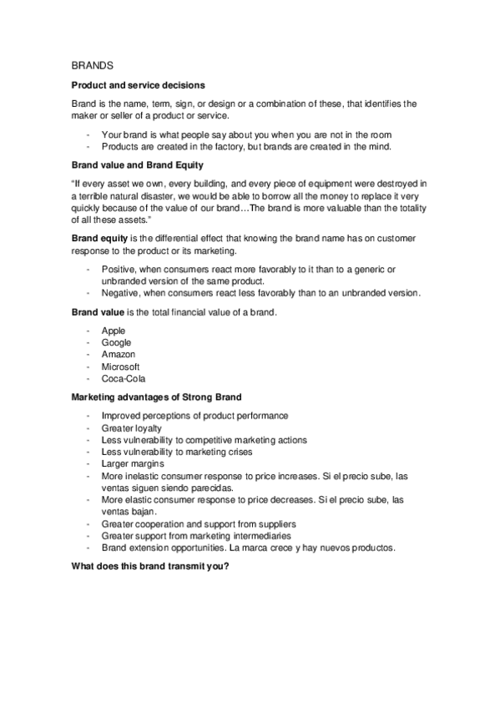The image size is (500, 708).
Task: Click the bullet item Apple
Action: pyautogui.click(x=113, y=331)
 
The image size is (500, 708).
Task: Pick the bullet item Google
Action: pyautogui.click(x=116, y=343)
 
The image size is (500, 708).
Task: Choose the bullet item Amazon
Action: pyautogui.click(x=119, y=355)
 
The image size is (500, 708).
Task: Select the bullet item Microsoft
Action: pyautogui.click(x=120, y=367)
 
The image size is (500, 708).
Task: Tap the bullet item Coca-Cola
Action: pyautogui.click(x=122, y=378)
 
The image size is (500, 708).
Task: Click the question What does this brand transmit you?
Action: pyautogui.click(x=150, y=565)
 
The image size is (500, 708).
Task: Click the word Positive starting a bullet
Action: pyautogui.click(x=118, y=270)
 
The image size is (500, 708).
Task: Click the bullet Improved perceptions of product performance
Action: pyautogui.click(x=194, y=416)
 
